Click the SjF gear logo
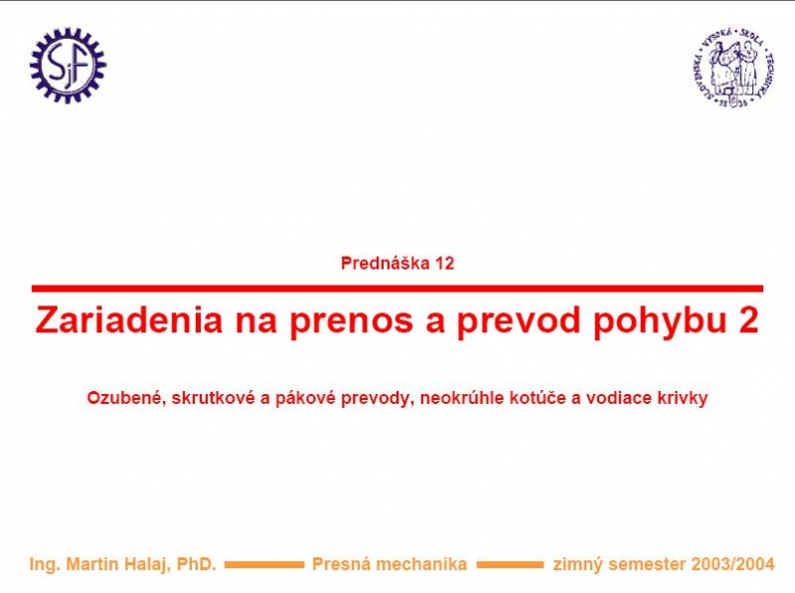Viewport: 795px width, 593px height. (68, 66)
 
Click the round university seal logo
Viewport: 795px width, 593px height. (733, 68)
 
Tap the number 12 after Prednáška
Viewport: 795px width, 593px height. (444, 264)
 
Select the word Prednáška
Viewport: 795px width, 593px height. (386, 263)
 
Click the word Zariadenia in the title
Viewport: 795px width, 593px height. (129, 320)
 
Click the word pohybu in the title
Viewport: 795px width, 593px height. (661, 320)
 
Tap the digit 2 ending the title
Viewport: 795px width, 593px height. (749, 319)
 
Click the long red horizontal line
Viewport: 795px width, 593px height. (397, 289)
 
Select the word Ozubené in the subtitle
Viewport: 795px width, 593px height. (127, 398)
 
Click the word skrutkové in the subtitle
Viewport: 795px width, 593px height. (214, 398)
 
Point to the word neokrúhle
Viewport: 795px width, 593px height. (462, 398)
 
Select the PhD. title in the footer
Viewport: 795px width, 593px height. (196, 564)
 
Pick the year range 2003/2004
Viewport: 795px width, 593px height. (732, 564)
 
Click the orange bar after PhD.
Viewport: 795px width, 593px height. (264, 564)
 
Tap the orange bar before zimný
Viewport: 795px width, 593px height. (510, 564)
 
